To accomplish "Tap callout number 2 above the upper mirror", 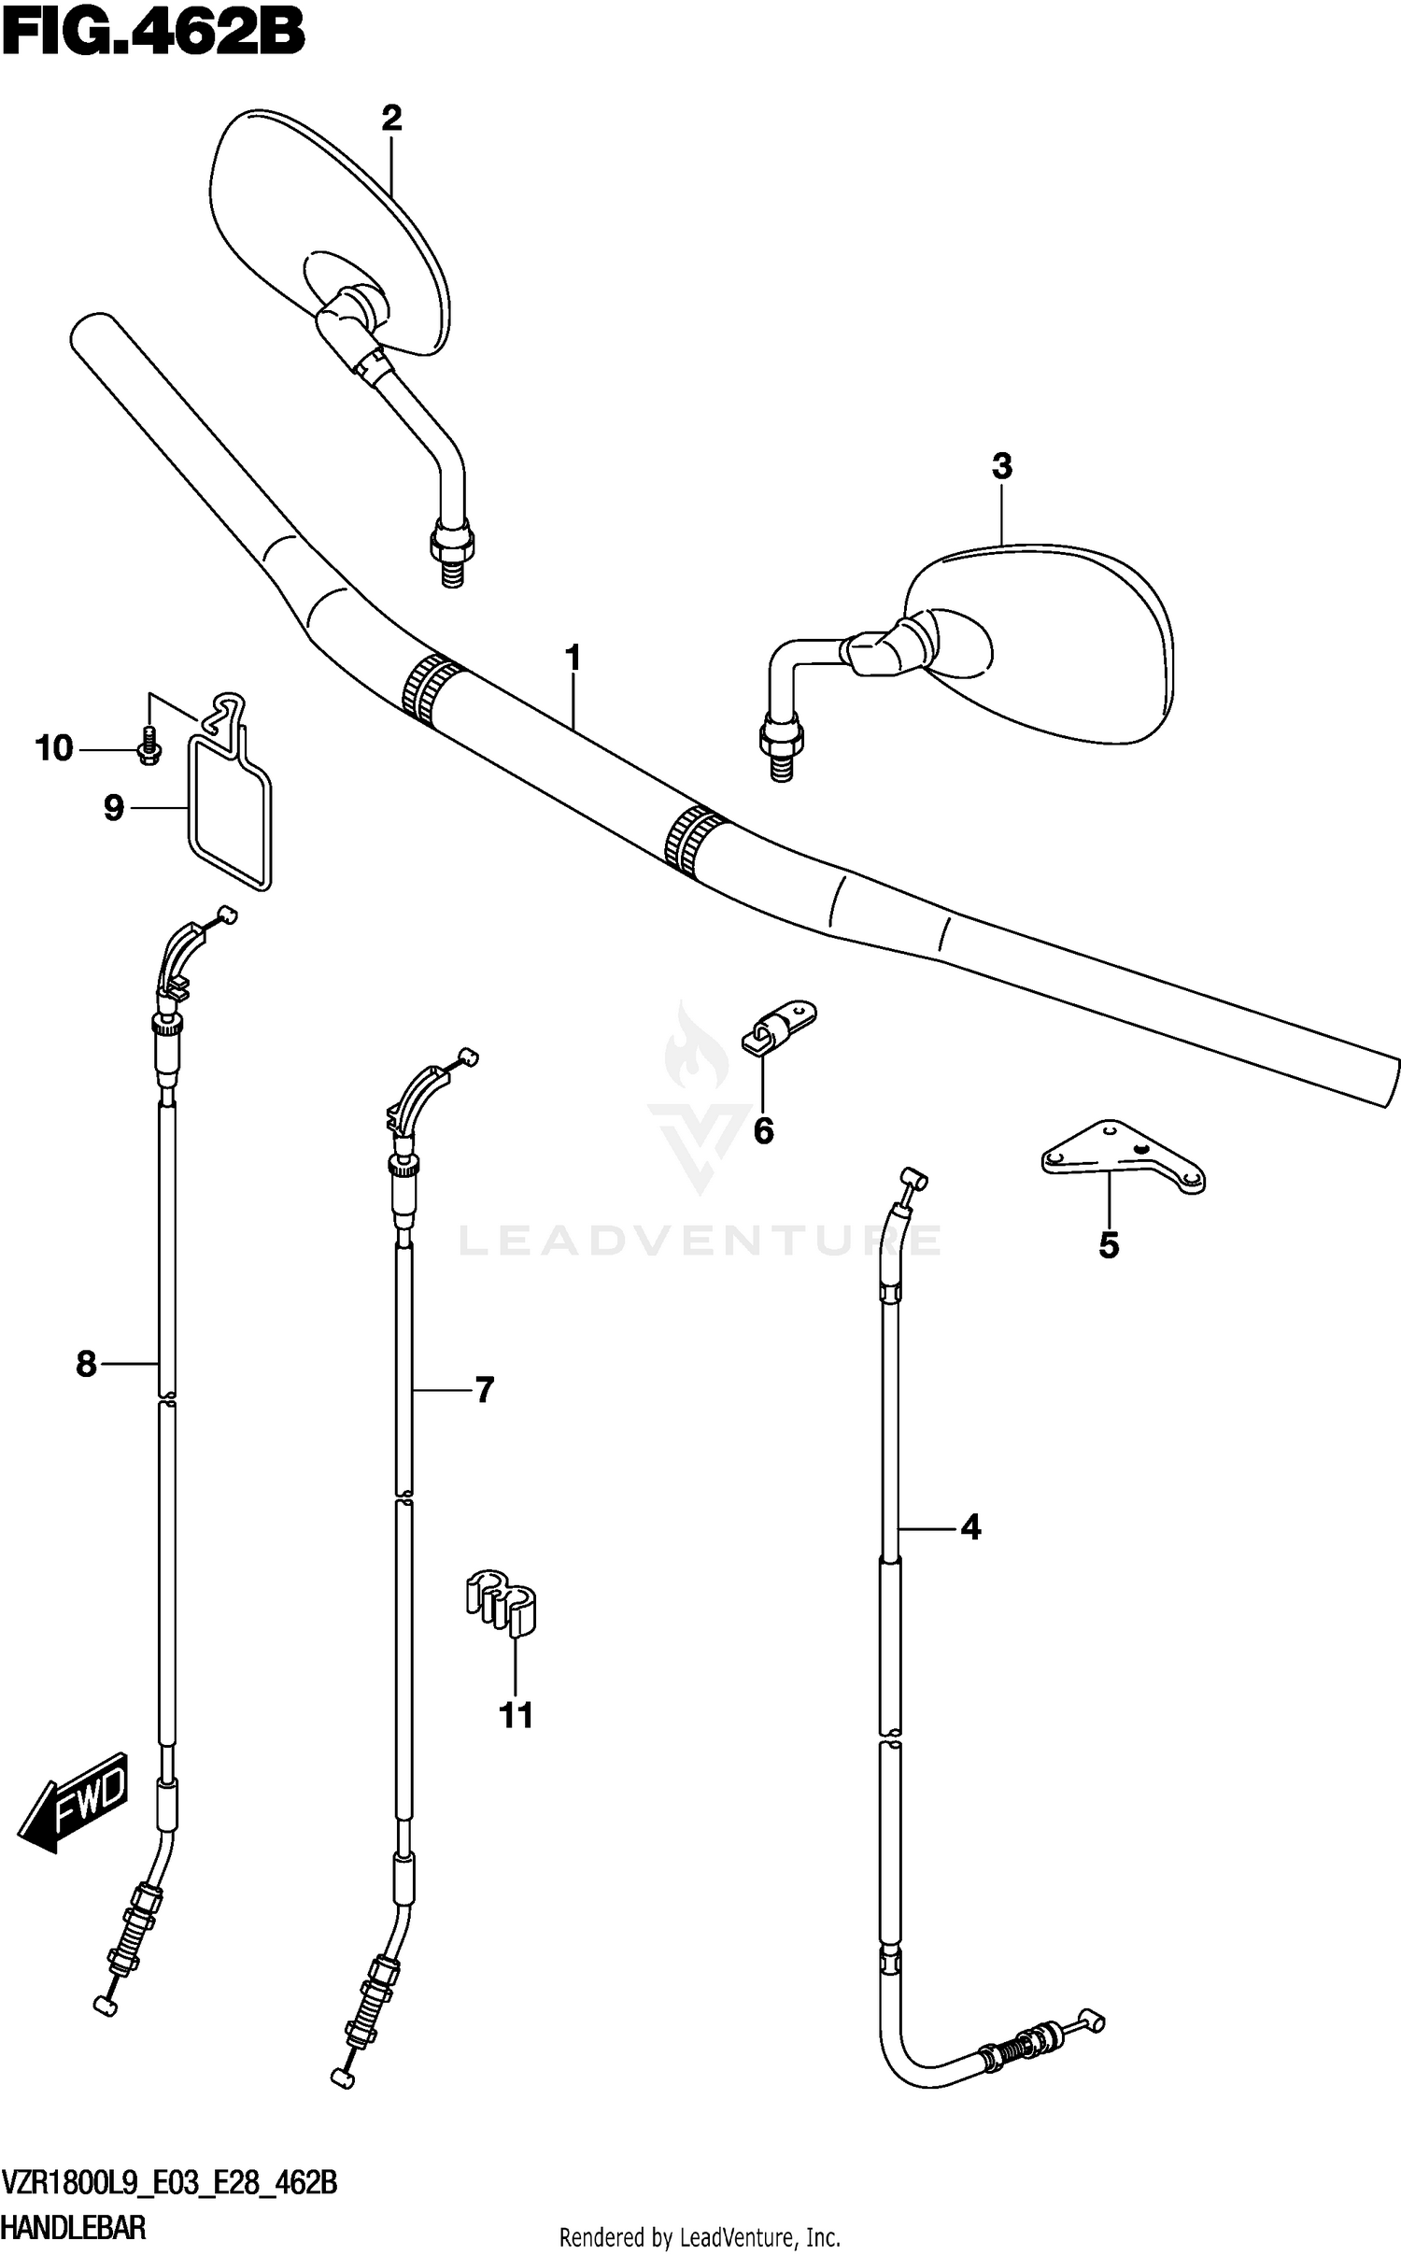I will point(391,119).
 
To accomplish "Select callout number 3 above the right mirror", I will point(1001,466).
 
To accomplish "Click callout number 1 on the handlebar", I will point(573,659).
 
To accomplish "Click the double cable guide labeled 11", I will point(502,1605).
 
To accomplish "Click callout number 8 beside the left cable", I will point(86,1365).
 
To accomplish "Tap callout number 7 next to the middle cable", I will point(484,1391).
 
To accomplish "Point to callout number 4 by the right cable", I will point(970,1528).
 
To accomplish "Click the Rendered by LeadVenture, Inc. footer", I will point(699,2237).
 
